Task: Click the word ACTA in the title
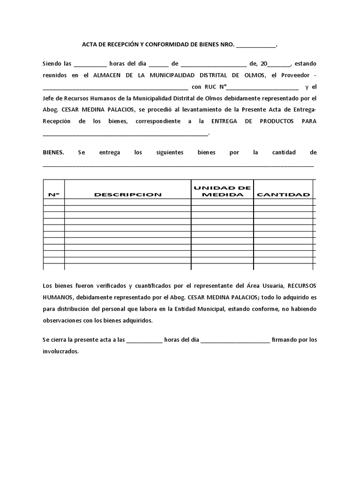[x=90, y=45]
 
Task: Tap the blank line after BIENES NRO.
[x=256, y=46]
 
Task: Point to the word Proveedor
[x=295, y=75]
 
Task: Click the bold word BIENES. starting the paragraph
[x=53, y=152]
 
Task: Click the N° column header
[x=53, y=195]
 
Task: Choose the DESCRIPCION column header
[x=127, y=195]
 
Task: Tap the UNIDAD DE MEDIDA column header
[x=222, y=191]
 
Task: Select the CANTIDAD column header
[x=283, y=195]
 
